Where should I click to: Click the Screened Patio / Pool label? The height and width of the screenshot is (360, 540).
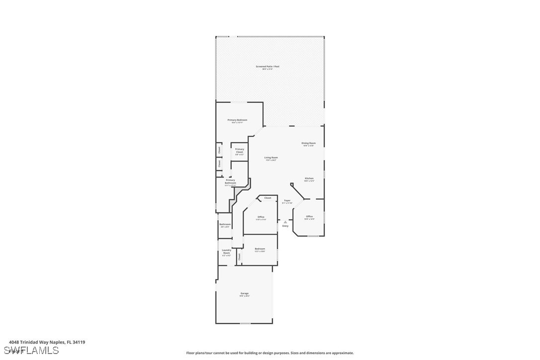pos(268,66)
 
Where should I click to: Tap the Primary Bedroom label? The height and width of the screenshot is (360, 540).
pos(237,120)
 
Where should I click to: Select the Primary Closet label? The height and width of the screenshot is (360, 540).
pos(240,150)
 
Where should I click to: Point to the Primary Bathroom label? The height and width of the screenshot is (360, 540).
pos(230,181)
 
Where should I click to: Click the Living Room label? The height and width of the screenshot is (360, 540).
pos(271,158)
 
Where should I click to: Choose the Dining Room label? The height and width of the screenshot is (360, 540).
pos(308,143)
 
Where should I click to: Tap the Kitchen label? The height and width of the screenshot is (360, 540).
pos(309,178)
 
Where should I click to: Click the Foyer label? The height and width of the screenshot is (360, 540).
pos(287,200)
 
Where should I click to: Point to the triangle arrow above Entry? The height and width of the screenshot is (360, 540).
pos(285,222)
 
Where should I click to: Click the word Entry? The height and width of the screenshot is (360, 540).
pos(285,226)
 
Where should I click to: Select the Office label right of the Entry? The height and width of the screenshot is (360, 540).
pos(309,216)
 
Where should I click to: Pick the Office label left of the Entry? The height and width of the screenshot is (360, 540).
pos(261,217)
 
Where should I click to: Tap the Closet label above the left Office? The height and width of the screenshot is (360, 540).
pos(268,198)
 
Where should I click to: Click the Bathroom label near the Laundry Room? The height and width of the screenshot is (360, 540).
pos(225,224)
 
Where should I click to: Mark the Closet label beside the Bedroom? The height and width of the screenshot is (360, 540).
pos(239,257)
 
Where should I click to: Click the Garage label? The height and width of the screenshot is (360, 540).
pos(245,293)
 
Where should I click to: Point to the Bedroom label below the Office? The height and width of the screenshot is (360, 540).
pos(260,249)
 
